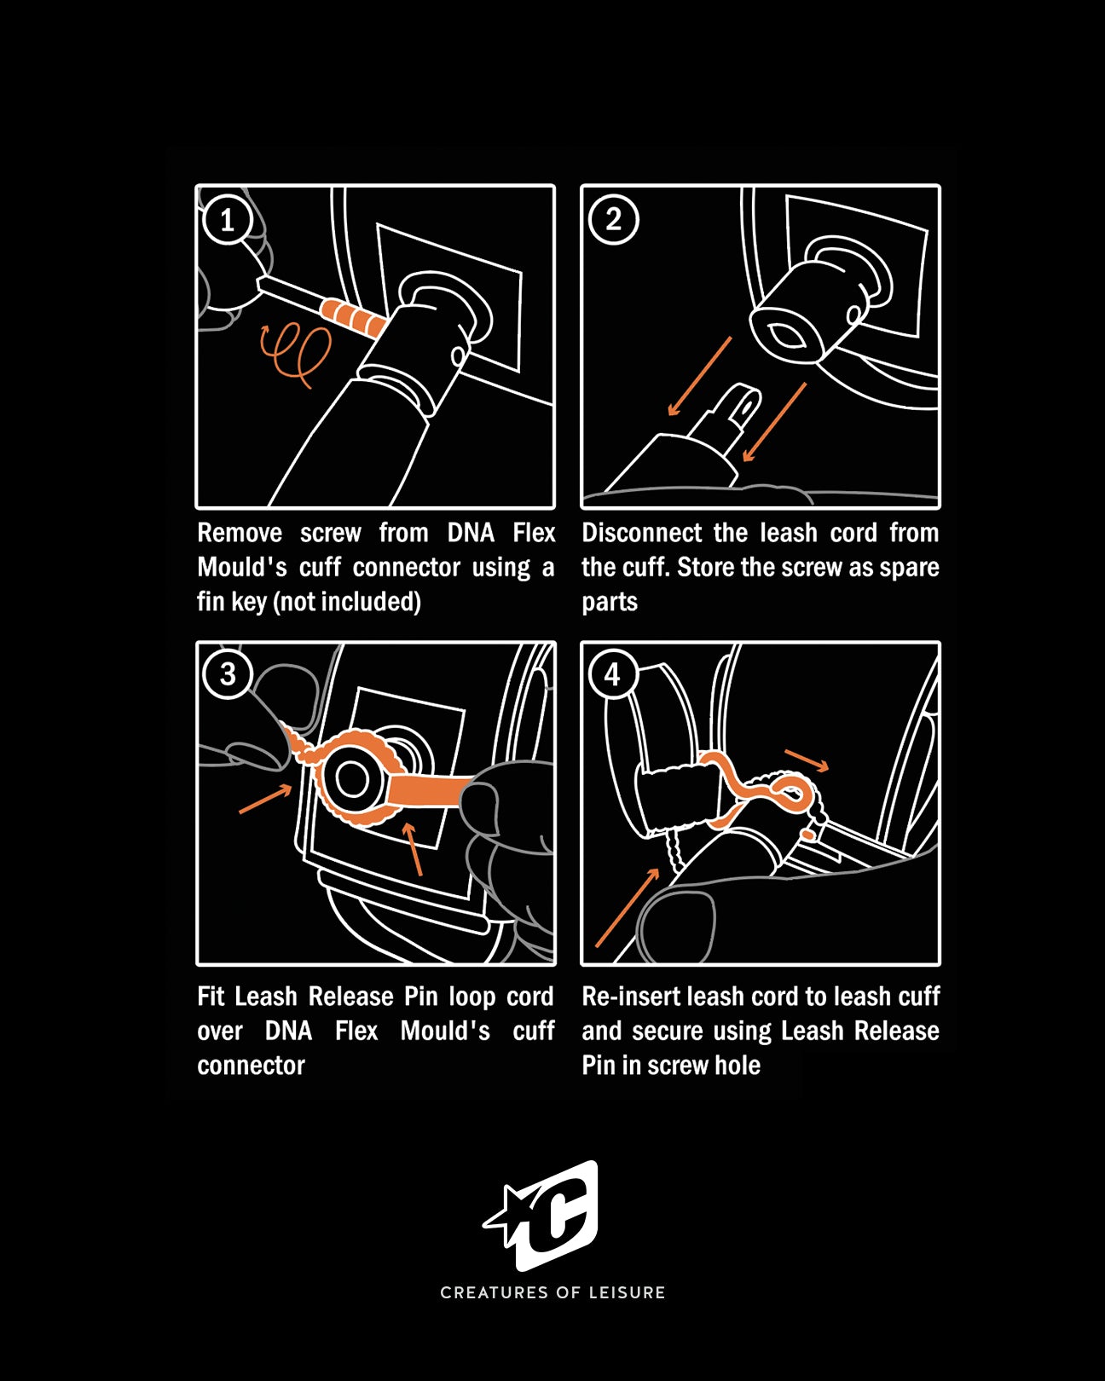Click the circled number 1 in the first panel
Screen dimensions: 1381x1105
click(x=228, y=220)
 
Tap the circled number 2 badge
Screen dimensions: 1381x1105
click(x=613, y=220)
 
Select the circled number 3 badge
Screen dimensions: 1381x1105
click(x=228, y=674)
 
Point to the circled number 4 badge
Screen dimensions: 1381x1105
click(x=612, y=674)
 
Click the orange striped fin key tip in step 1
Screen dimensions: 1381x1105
click(x=353, y=317)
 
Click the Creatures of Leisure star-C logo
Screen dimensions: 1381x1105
click(x=546, y=1215)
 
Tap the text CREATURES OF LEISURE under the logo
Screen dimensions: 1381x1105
click(x=552, y=1292)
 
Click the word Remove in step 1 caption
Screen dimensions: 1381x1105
click(x=240, y=533)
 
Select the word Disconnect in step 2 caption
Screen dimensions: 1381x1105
click(x=640, y=533)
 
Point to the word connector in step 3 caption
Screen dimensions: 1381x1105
click(x=251, y=1066)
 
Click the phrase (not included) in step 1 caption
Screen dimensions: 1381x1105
click(x=346, y=602)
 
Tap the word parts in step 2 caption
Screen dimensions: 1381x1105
click(x=609, y=602)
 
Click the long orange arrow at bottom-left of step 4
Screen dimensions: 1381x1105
click(x=627, y=909)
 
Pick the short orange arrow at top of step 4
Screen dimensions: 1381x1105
click(x=807, y=760)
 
